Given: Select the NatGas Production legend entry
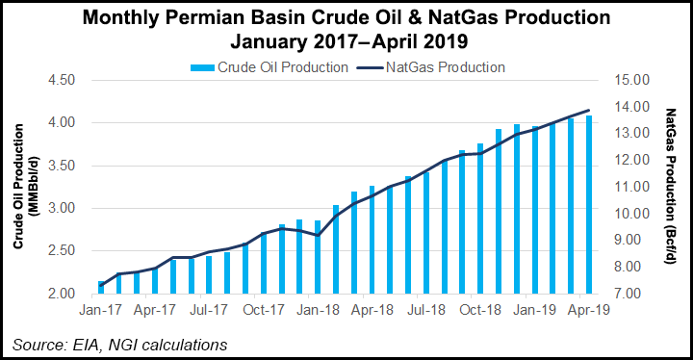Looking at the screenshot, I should click(445, 67).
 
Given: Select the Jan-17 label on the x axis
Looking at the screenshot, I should click(101, 312).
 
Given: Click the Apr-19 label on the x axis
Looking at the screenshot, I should click(588, 312).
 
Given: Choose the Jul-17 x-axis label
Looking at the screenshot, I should click(209, 312).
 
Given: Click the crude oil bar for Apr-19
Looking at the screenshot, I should click(589, 204).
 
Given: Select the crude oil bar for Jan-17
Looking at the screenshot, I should click(101, 287).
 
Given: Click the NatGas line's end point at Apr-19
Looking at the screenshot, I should click(589, 111).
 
